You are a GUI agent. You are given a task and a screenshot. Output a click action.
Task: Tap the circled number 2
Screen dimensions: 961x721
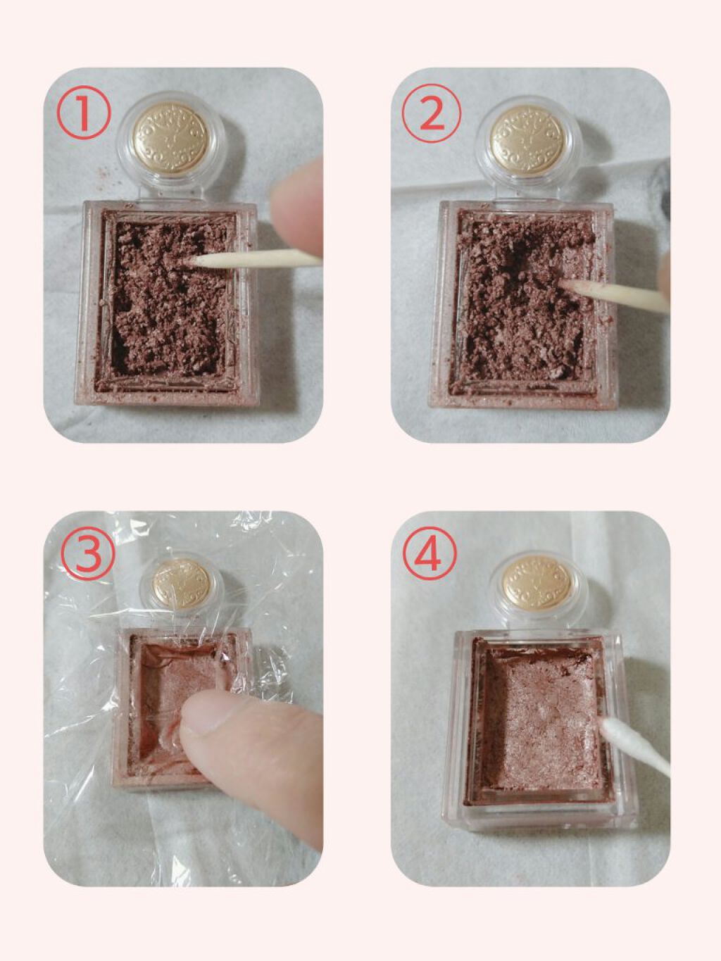[431, 114]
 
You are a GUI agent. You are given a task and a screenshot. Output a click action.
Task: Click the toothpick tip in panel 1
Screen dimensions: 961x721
[193, 261]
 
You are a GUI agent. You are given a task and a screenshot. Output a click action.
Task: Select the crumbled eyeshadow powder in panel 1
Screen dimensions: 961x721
[165, 303]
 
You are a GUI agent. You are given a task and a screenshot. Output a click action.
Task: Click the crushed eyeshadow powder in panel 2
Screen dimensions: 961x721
[521, 303]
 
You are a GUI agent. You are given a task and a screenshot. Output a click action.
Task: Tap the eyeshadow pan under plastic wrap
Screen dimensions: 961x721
[176, 676]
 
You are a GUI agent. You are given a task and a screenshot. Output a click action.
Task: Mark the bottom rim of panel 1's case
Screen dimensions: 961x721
[169, 396]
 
